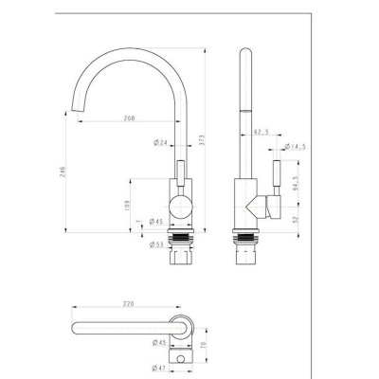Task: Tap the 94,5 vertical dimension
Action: point(297,183)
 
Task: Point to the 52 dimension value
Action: point(297,219)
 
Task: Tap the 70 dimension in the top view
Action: point(202,334)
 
